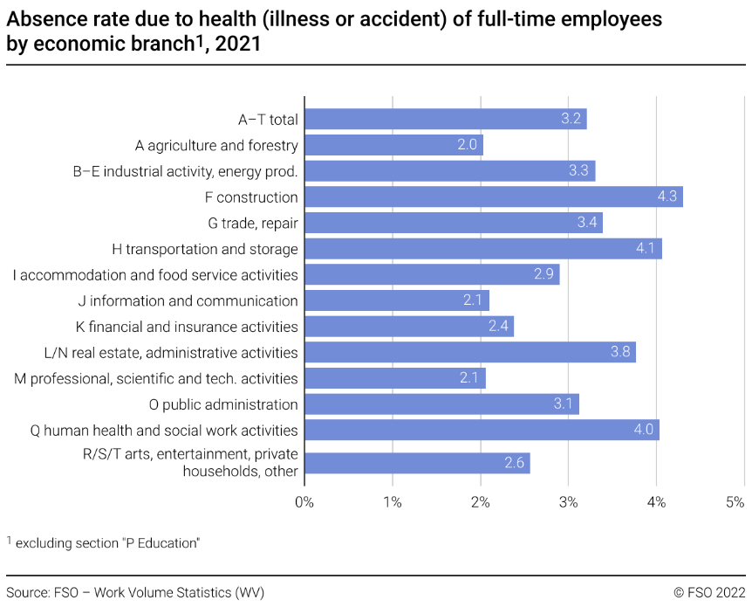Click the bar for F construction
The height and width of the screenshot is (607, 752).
(x=493, y=197)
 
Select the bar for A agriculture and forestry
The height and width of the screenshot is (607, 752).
(x=393, y=145)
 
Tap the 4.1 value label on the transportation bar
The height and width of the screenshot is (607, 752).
(x=646, y=249)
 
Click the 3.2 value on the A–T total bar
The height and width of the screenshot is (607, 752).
(x=571, y=120)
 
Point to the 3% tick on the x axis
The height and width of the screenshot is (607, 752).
(x=569, y=502)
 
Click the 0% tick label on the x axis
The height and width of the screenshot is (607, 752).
(x=304, y=502)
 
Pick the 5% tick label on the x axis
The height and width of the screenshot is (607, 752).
(x=735, y=502)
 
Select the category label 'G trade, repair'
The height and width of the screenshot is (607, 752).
(x=253, y=224)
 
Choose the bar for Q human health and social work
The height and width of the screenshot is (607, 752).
(x=481, y=430)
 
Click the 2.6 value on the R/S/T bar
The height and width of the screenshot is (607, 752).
(x=515, y=463)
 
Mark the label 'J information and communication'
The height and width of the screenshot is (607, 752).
(x=188, y=301)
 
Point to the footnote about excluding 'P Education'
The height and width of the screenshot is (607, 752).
(x=105, y=543)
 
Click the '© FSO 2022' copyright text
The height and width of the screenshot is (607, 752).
(x=709, y=593)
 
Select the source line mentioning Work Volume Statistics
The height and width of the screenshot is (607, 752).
(x=135, y=593)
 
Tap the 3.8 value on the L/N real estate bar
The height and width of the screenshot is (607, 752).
(x=619, y=353)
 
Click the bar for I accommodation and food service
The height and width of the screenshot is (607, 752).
(x=432, y=275)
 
